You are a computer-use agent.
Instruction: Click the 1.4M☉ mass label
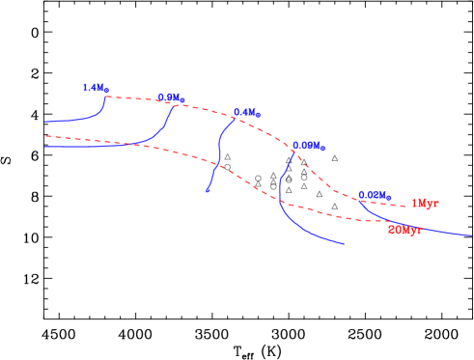[x=96, y=88]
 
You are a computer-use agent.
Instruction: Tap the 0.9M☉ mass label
[x=171, y=97]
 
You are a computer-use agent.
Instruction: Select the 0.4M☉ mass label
[x=247, y=113]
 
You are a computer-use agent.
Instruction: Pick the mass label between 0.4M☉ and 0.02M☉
[x=309, y=147]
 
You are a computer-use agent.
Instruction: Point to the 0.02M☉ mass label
[x=375, y=195]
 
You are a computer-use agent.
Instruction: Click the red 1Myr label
[x=425, y=204]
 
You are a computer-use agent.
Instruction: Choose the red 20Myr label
[x=404, y=231]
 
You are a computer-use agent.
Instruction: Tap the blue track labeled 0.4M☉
[x=220, y=150]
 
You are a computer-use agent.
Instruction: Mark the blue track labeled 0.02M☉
[x=425, y=228]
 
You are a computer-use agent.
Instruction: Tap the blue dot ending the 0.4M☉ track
[x=208, y=190]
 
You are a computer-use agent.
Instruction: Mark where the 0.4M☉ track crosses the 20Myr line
[x=216, y=165]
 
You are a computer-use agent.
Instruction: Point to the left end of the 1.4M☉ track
[x=45, y=123]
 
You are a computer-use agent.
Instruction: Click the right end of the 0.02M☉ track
[x=472, y=235]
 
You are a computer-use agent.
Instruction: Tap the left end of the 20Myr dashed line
[x=45, y=136]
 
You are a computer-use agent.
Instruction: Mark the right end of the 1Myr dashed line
[x=405, y=207]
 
